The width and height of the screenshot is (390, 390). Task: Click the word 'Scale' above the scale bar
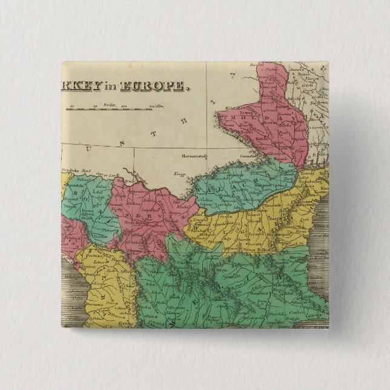[x=110, y=105]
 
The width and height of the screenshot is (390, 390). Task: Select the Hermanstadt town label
[x=193, y=156]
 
